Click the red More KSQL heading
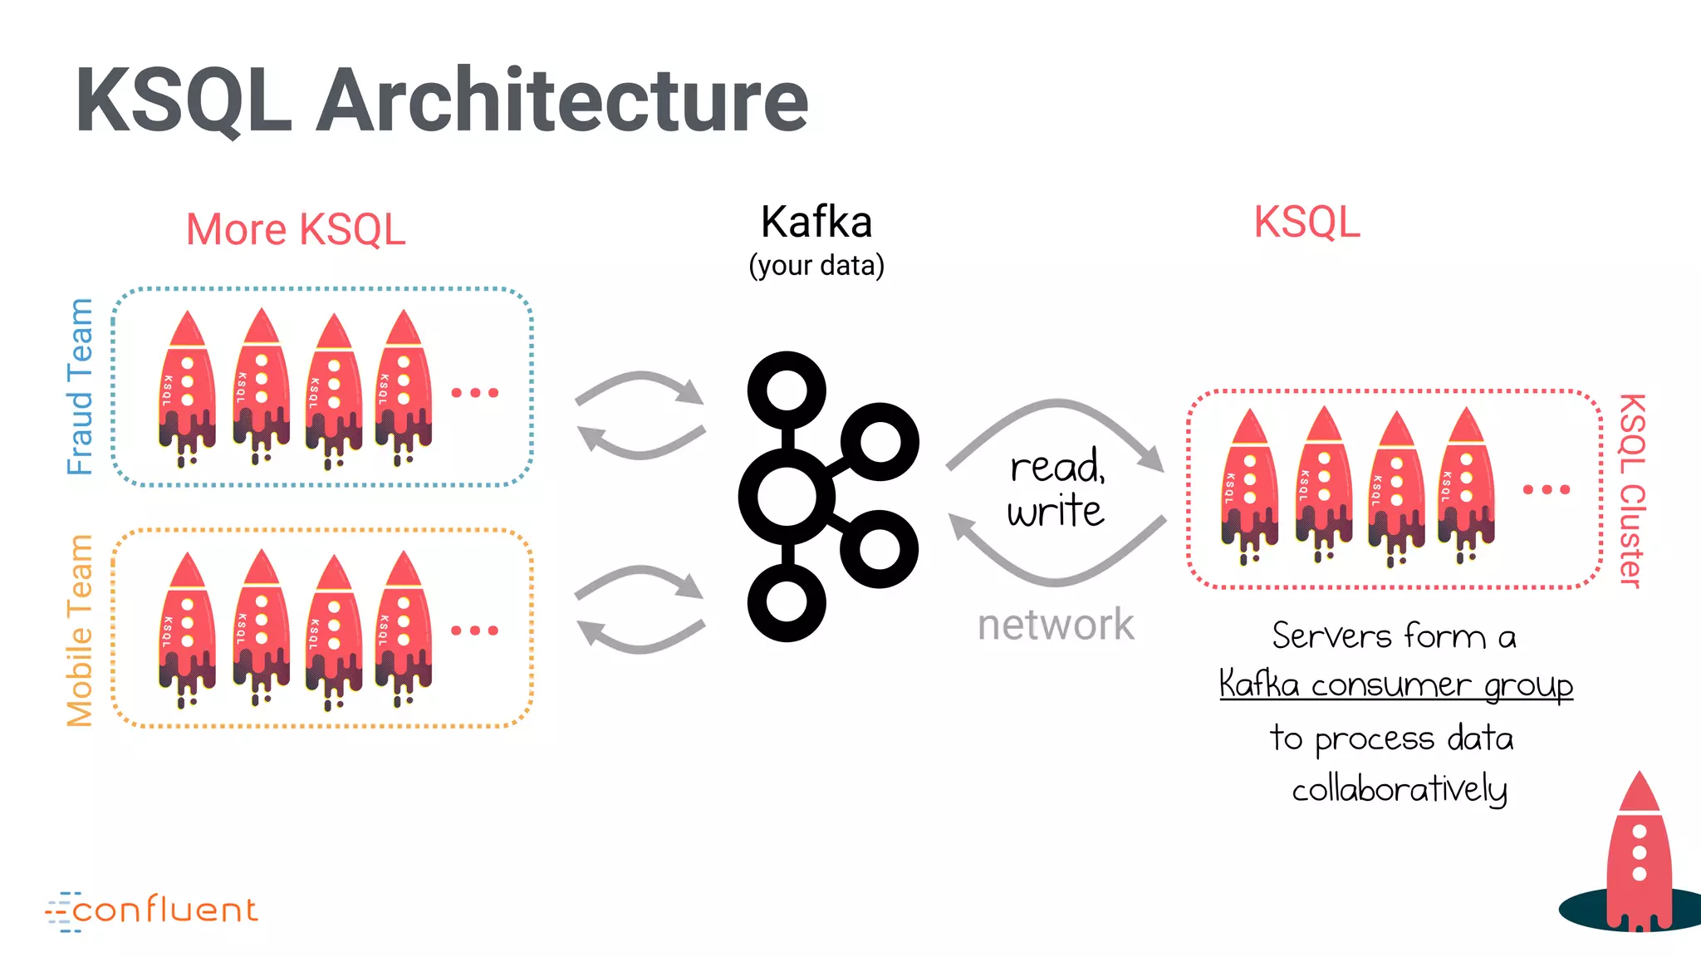click(296, 229)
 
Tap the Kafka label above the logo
click(816, 223)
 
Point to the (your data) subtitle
click(816, 266)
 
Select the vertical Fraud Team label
click(81, 386)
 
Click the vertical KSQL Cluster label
click(1631, 490)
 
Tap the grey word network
click(1055, 625)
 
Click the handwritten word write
click(1055, 511)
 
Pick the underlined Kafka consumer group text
click(1395, 686)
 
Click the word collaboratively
click(1400, 789)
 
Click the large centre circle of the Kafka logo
click(786, 497)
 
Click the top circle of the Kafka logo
click(786, 390)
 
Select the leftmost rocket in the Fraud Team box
click(188, 386)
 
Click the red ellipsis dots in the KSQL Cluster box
click(1546, 490)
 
